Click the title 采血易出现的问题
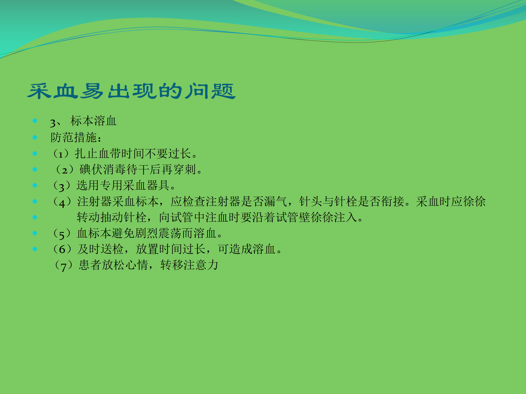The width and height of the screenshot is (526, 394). point(131,91)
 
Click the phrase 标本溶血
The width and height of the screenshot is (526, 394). point(93,121)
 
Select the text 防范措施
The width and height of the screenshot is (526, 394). point(73,137)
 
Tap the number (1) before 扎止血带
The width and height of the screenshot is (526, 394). point(61,154)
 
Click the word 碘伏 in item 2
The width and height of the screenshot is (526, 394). point(91,170)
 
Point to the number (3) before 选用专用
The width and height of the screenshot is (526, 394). point(61,186)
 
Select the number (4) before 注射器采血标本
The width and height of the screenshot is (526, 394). point(62,202)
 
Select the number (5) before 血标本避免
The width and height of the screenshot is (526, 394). point(62,234)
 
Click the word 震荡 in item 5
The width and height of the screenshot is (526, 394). point(170,233)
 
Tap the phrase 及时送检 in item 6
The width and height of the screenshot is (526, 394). point(100,249)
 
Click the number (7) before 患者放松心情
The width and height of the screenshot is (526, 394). point(63,265)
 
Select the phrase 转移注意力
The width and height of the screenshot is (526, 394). point(189,265)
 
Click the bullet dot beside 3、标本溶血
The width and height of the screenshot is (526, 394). point(35,121)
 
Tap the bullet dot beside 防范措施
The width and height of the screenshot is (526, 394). point(35,137)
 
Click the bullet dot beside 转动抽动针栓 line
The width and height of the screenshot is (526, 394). point(35,218)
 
